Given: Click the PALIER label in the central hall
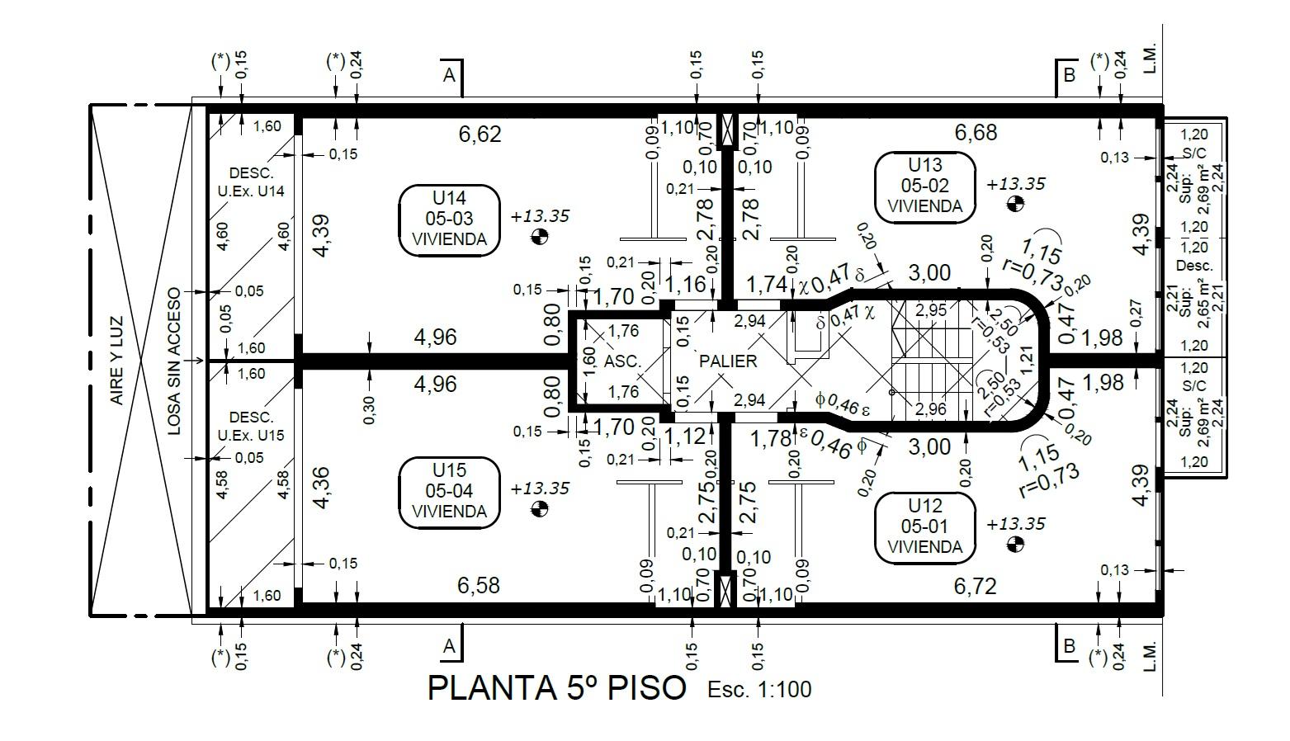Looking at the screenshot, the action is [728, 361].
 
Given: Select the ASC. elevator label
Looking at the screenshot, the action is [622, 361].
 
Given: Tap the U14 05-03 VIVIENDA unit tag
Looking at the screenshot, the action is [449, 219].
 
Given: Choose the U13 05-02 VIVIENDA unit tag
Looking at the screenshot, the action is [925, 186].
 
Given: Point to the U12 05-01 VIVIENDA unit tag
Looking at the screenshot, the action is [925, 526].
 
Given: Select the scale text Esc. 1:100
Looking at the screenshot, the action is [759, 689].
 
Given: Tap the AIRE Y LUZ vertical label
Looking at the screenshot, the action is [117, 361].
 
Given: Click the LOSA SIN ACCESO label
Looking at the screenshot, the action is [173, 361].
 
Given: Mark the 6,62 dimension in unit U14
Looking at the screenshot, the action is [480, 135].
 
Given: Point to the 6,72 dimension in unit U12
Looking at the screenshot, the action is [975, 586].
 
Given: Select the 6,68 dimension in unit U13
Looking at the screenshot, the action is [976, 132].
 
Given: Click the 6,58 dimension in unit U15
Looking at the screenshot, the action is [479, 586].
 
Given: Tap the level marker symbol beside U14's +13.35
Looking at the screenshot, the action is [539, 236].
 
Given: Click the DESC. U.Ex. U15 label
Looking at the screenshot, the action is [251, 426].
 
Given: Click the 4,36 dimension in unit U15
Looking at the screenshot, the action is [321, 488].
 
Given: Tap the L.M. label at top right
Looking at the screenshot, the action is [1150, 60].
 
